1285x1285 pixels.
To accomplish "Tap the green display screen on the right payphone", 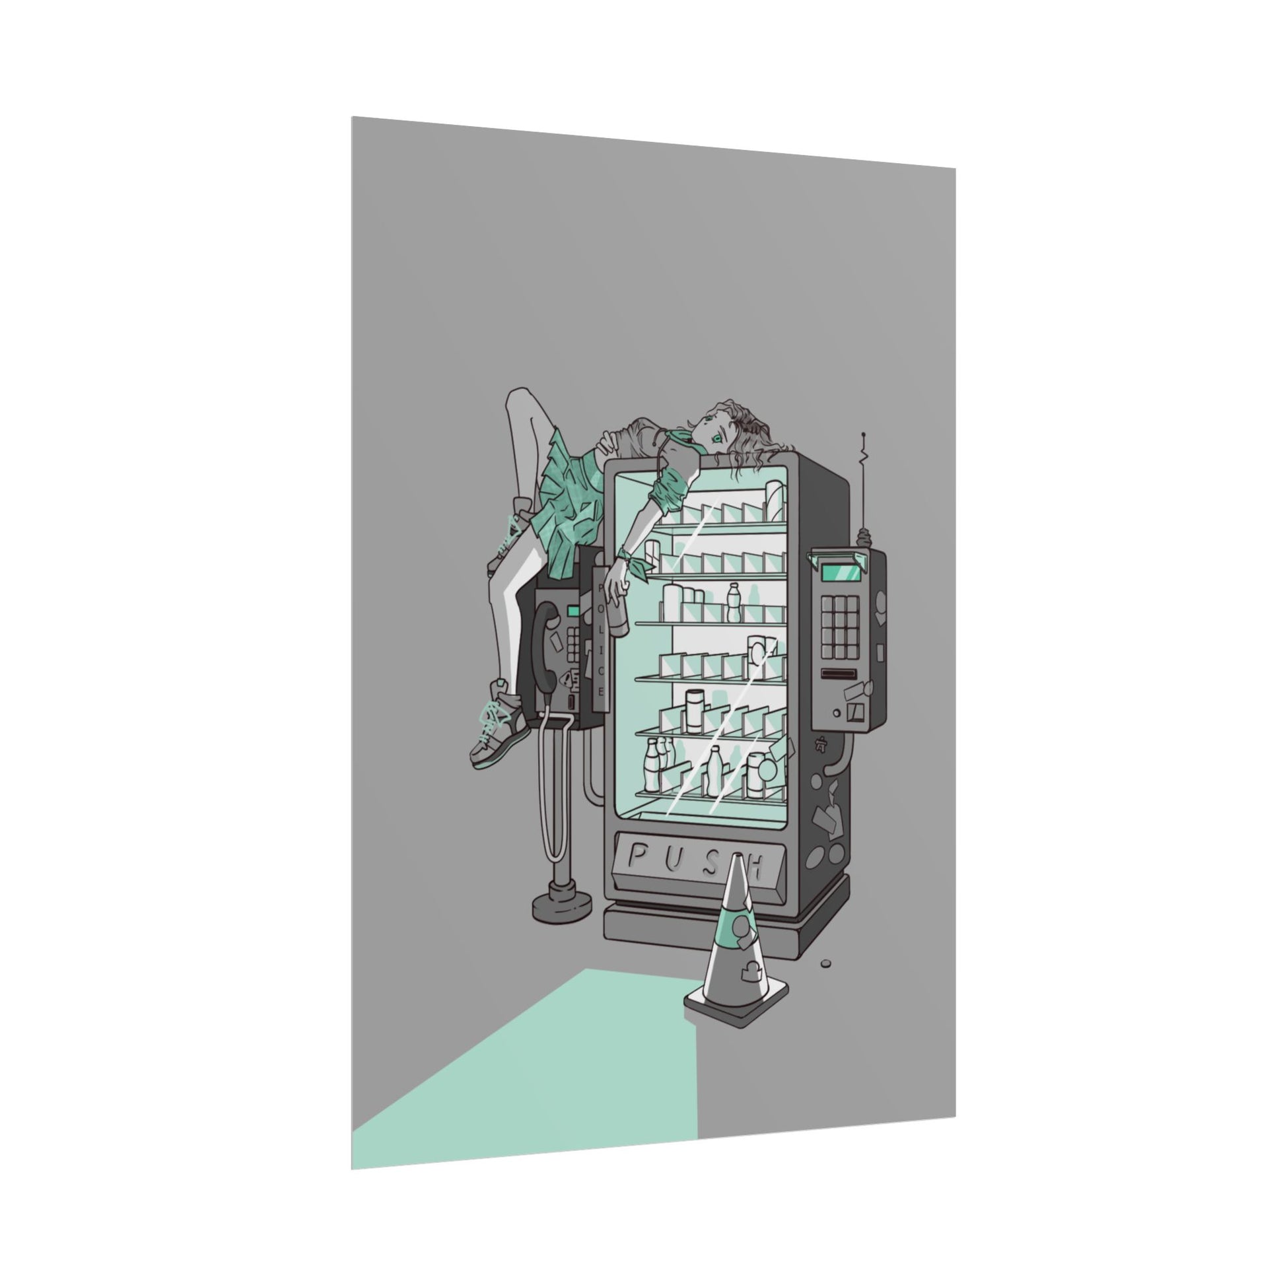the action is tap(838, 571).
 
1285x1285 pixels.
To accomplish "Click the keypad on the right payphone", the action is tap(841, 625).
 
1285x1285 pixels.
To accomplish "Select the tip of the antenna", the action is tap(863, 435).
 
